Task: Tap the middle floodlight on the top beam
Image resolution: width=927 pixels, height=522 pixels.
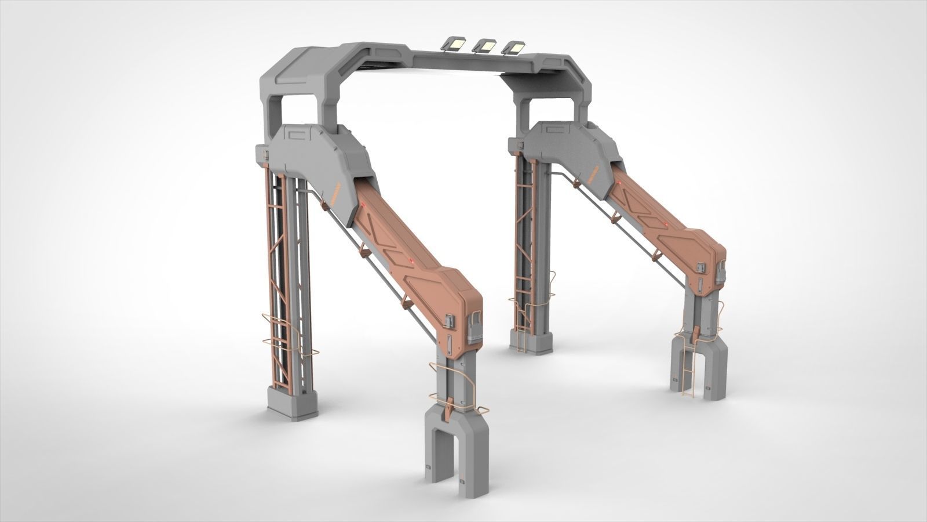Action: point(485,45)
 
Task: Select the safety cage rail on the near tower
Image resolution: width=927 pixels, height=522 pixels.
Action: point(284,336)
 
